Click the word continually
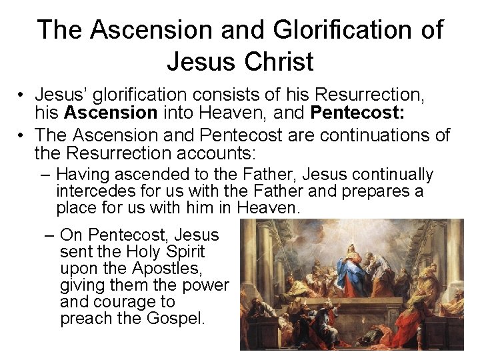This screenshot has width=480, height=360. tap(390, 175)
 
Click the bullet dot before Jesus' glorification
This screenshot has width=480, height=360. tap(21, 95)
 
